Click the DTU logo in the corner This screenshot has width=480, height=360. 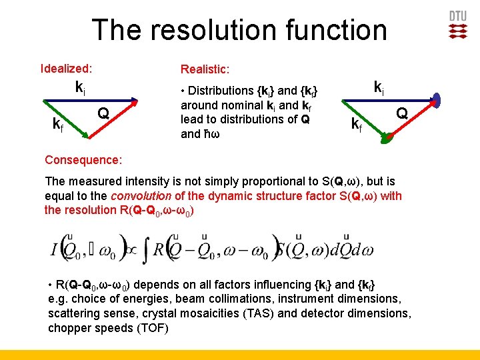click(x=458, y=25)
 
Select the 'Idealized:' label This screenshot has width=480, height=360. click(x=66, y=68)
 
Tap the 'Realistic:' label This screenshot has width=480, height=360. click(x=205, y=69)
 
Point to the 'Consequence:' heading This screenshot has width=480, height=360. click(x=83, y=160)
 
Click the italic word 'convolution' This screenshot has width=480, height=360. click(x=143, y=196)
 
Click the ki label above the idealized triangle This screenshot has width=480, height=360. click(x=79, y=87)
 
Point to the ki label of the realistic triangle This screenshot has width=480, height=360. click(x=378, y=87)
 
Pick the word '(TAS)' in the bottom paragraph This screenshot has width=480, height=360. click(x=281, y=313)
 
